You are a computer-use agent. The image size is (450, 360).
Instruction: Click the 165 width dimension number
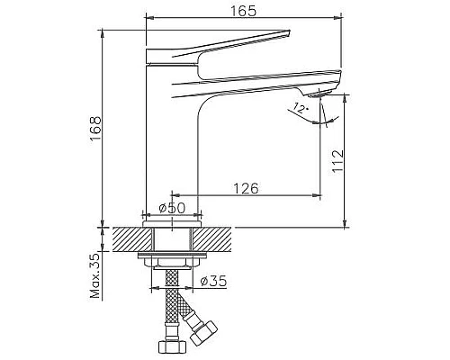pyautogui.click(x=243, y=11)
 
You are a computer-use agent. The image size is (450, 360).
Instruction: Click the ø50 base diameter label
pyautogui.click(x=172, y=208)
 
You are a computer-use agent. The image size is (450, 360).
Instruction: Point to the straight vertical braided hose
pyautogui.click(x=166, y=306)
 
